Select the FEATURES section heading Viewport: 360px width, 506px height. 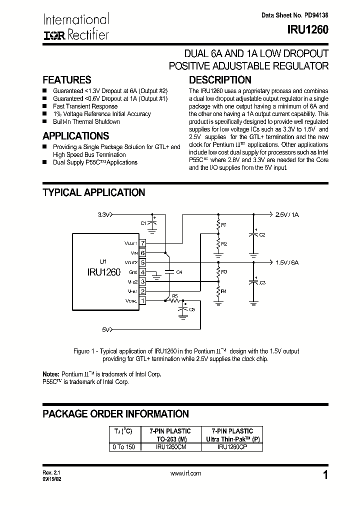(67, 80)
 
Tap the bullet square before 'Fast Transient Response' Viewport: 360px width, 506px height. (44, 106)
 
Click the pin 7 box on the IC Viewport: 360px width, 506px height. (142, 243)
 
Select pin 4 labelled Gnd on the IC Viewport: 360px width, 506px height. (142, 272)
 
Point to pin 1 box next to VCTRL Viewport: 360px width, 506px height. (142, 300)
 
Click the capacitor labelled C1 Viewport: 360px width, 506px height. (153, 223)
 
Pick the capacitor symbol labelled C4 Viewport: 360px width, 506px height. (169, 272)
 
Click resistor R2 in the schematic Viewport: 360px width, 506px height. (218, 243)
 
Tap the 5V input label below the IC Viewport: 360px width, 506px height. (106, 329)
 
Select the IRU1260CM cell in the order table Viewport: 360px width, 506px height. (170, 447)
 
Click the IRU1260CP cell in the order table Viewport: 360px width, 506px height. (232, 447)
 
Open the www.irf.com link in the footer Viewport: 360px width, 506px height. (185, 473)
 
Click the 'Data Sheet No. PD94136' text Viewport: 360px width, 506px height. (294, 15)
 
